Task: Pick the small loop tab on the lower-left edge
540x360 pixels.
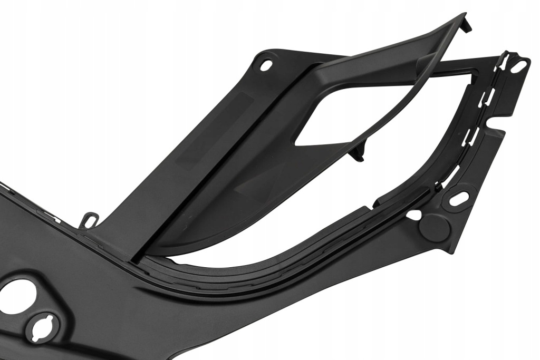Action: (x=91, y=218)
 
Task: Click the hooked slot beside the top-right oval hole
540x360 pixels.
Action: (x=506, y=58)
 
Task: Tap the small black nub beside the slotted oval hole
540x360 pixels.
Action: (x=438, y=187)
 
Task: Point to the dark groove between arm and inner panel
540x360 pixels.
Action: (x=221, y=158)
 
